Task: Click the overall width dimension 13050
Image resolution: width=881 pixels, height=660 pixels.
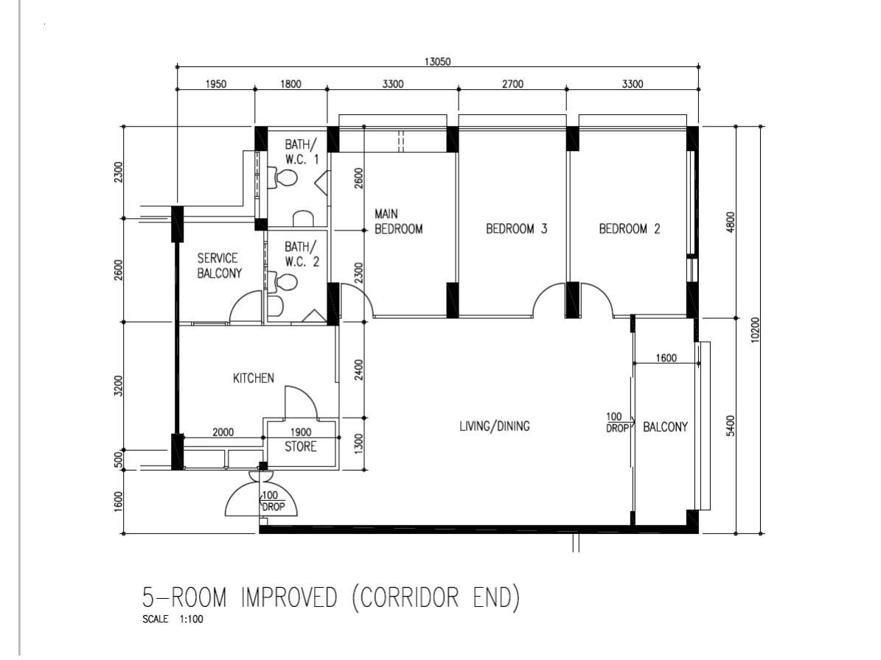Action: coord(437,62)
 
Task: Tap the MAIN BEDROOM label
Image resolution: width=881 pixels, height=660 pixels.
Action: coord(398,221)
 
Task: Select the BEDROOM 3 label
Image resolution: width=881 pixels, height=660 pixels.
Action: coord(516,228)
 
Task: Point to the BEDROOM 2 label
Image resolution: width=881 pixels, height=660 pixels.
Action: coord(630,228)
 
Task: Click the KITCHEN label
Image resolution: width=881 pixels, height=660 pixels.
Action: coord(254,379)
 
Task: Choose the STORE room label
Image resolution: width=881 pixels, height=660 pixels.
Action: coord(301,446)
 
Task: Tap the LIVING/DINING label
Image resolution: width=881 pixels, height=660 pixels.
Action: coord(495,426)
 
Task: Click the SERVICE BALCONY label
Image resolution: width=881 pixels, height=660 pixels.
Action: coord(219,265)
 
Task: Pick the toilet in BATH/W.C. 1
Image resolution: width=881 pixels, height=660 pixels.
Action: coord(284,178)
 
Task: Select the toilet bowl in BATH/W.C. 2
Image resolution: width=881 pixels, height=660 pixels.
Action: coord(284,281)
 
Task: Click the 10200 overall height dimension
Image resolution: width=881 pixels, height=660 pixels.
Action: coord(755,329)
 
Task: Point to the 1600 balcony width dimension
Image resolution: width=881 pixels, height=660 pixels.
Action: coord(666,358)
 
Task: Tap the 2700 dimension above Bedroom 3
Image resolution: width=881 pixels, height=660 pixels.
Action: coord(512,84)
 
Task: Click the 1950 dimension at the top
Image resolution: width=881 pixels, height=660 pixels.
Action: coord(216,84)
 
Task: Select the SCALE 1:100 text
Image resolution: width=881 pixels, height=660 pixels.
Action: coord(173,619)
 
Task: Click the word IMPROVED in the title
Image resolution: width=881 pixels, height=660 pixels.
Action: coord(289,597)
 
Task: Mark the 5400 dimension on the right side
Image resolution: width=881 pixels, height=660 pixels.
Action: coord(730,426)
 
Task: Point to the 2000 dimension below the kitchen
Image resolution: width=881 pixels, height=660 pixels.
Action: coord(223,432)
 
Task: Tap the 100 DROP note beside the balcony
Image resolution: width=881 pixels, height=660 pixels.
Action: coord(617,422)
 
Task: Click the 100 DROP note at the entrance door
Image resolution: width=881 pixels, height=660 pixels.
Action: coord(273,501)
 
